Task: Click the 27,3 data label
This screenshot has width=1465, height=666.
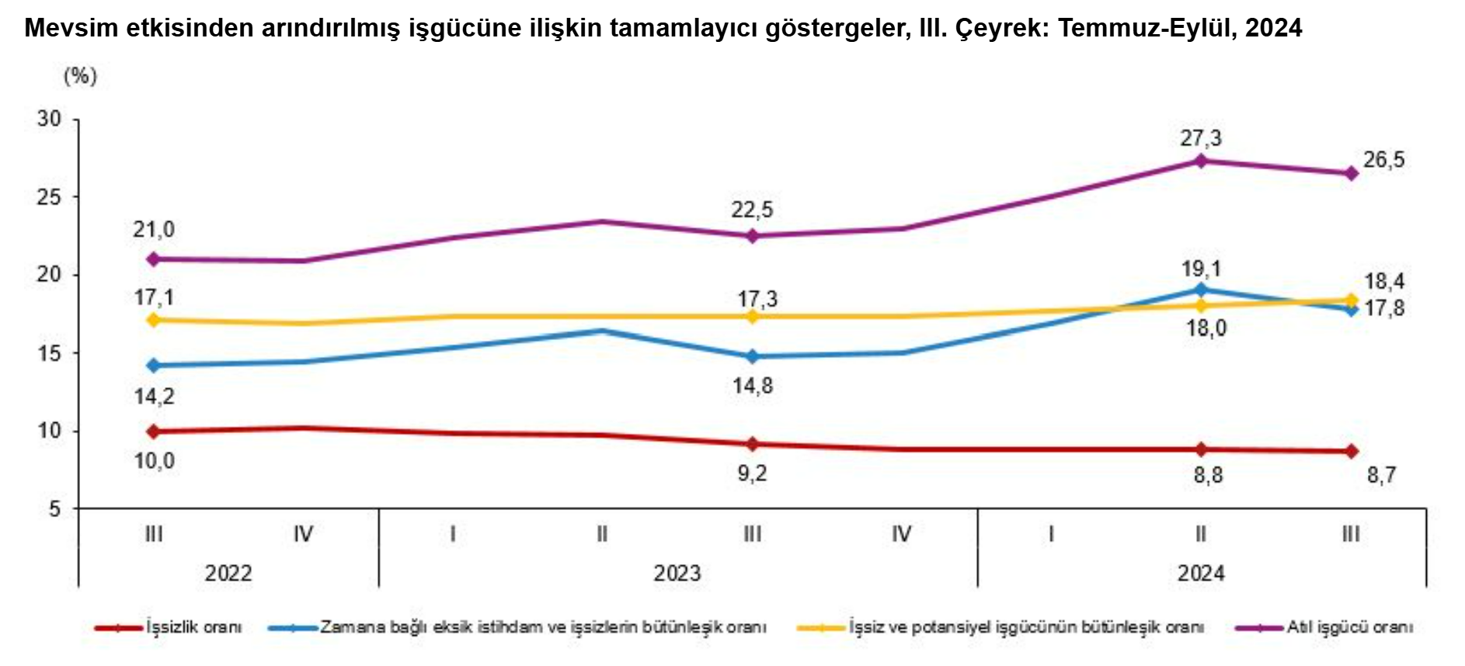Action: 1201,139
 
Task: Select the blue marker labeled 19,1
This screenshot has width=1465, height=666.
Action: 1201,290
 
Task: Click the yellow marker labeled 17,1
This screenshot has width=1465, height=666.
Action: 154,320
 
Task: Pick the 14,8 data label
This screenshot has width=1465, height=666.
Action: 753,386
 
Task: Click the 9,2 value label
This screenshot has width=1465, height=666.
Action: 752,473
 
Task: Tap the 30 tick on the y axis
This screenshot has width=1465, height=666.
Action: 49,119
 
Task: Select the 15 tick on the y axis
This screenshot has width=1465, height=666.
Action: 49,353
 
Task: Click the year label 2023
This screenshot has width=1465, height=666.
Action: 677,574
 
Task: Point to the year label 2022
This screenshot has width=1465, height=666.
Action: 228,574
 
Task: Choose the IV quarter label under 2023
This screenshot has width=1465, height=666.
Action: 901,534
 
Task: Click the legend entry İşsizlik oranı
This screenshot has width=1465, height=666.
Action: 193,627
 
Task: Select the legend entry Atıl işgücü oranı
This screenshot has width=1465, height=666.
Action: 1349,627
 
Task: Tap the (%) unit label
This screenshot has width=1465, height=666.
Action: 80,76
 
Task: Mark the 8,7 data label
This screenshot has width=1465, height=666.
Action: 1381,475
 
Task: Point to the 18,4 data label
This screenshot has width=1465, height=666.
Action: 1384,281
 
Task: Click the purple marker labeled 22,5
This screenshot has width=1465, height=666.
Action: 752,236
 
